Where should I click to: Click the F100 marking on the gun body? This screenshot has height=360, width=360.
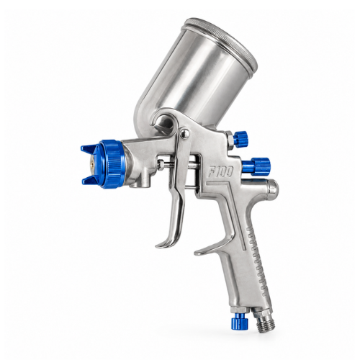[x=220, y=172]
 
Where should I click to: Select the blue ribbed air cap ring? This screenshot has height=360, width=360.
[x=112, y=163]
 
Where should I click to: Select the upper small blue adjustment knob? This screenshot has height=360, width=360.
[x=240, y=139]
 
